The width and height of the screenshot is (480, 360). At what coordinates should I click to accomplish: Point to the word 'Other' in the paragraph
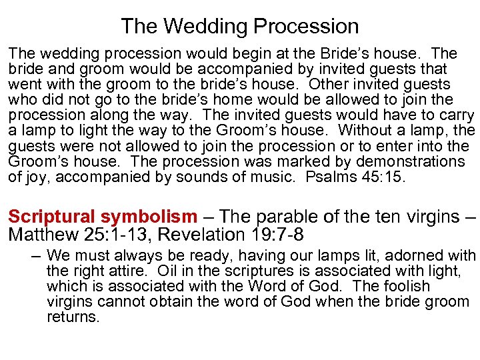tap(329, 85)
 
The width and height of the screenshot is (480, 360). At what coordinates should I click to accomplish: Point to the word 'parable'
tap(281, 217)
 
